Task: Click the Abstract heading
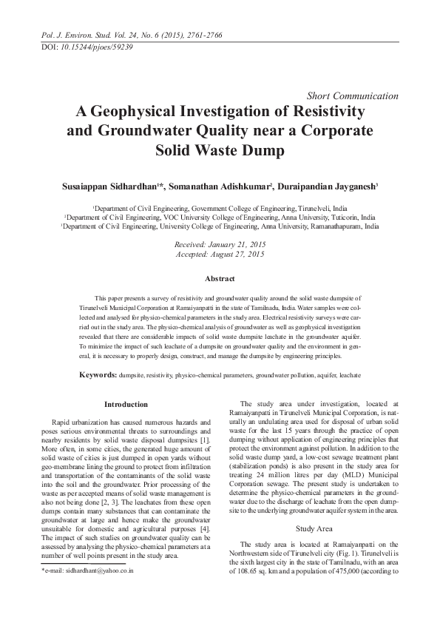220,278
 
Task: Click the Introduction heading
126,405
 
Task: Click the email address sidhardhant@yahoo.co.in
89,573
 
